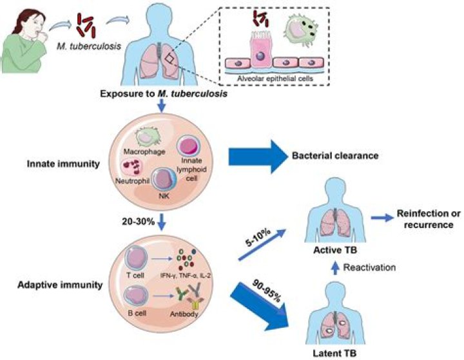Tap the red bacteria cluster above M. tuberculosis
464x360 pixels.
coord(85,24)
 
